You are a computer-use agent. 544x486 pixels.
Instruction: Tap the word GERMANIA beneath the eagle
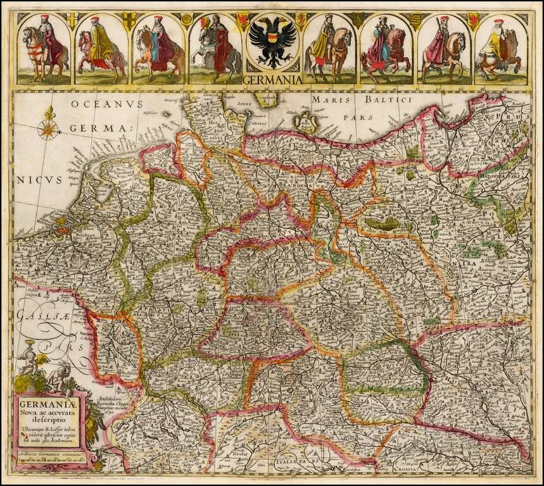(272, 80)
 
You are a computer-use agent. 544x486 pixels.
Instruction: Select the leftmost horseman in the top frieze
(43, 49)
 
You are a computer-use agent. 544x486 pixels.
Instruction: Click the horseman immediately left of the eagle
(214, 49)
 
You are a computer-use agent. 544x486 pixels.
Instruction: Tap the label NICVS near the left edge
(39, 179)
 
